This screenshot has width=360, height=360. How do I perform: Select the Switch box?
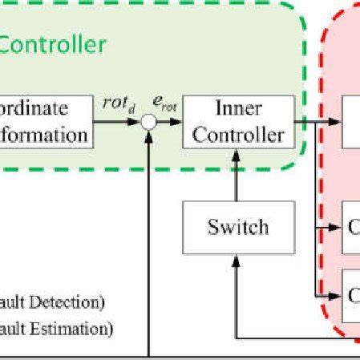pyautogui.click(x=237, y=227)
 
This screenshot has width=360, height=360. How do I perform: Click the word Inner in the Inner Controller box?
pyautogui.click(x=237, y=108)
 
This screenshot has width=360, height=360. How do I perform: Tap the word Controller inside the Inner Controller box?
pyautogui.click(x=237, y=134)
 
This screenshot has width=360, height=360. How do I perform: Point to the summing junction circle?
pyautogui.click(x=148, y=122)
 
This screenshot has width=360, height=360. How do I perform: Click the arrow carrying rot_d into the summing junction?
pyautogui.click(x=116, y=122)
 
